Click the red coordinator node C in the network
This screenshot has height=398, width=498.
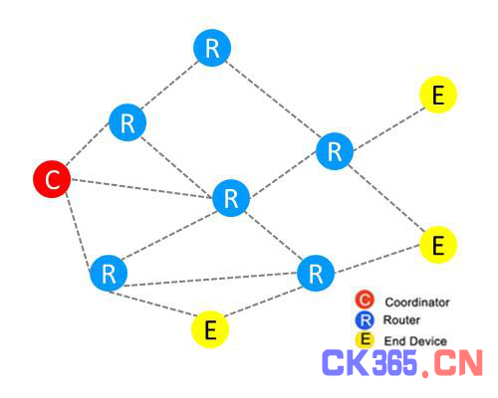click(x=52, y=179)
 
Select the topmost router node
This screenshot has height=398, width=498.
click(x=212, y=48)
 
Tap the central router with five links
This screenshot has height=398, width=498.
click(x=231, y=198)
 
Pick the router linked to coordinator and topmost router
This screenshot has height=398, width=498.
click(x=127, y=122)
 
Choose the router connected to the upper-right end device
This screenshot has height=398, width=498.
click(x=335, y=151)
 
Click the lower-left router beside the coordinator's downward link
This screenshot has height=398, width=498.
click(x=109, y=274)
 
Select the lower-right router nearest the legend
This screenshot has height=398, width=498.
click(x=316, y=274)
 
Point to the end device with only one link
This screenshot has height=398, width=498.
click(x=438, y=95)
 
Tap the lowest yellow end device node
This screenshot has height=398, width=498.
click(x=210, y=329)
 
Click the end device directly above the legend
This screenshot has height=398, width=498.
click(x=438, y=245)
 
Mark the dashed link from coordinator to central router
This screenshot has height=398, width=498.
click(x=141, y=189)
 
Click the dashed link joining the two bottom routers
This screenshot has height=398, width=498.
click(x=210, y=280)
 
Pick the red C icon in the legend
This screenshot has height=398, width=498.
click(x=365, y=299)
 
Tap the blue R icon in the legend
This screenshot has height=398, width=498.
click(x=365, y=320)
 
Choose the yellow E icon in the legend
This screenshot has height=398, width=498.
click(x=365, y=340)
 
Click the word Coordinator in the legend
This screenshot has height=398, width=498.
click(x=417, y=302)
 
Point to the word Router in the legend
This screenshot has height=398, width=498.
click(x=401, y=320)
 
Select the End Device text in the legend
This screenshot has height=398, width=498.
click(x=415, y=341)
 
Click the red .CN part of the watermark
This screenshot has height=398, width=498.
click(x=452, y=363)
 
